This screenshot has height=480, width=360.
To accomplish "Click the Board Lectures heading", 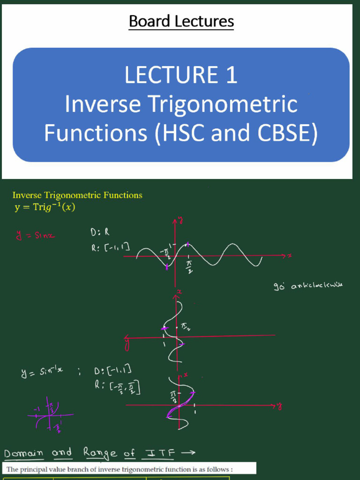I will [x=181, y=22].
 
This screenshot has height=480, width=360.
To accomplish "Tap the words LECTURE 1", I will [x=181, y=75].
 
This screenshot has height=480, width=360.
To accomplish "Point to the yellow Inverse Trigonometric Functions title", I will [x=77, y=195].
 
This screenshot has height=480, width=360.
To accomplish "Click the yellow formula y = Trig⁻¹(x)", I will [x=45, y=207].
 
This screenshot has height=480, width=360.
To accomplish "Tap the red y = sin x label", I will [x=36, y=235].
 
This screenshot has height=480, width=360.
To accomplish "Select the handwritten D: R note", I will [x=99, y=232].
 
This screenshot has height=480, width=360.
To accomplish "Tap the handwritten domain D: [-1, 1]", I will [x=112, y=371].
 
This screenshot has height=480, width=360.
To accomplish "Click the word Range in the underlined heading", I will [x=100, y=453].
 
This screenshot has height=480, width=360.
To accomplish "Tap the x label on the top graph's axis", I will [x=290, y=255].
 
